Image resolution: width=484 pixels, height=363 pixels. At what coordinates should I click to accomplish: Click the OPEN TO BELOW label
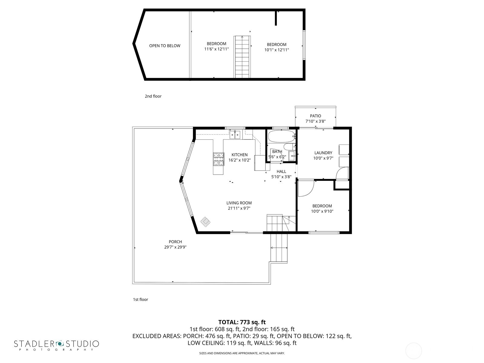tap(165, 46)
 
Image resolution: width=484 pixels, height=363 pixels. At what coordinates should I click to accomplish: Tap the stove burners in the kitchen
tap(219, 159)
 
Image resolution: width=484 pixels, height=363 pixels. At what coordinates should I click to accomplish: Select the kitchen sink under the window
tap(235, 135)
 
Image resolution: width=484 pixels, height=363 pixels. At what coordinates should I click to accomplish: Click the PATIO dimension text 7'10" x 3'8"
tap(315, 121)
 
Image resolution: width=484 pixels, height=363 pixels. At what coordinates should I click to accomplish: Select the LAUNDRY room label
tap(323, 153)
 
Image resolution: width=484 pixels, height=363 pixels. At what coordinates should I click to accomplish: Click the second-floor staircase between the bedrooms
tap(242, 57)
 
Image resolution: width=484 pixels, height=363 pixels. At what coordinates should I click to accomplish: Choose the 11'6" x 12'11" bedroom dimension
tap(217, 49)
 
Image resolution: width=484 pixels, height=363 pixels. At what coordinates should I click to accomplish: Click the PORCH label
tap(175, 242)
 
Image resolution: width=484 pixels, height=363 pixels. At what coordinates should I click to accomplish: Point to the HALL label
tap(281, 172)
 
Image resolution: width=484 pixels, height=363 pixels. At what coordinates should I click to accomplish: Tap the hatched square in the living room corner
tap(205, 222)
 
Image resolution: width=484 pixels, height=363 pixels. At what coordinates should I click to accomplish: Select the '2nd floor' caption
tap(153, 96)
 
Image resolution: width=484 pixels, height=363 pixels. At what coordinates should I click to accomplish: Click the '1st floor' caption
tap(140, 299)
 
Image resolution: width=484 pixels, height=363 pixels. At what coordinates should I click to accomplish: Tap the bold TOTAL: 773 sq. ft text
tap(242, 322)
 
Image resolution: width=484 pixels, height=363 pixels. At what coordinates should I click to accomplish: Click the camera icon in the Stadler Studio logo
tap(60, 343)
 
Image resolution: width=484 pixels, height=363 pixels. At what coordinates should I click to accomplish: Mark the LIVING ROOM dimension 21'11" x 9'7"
tap(239, 208)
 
